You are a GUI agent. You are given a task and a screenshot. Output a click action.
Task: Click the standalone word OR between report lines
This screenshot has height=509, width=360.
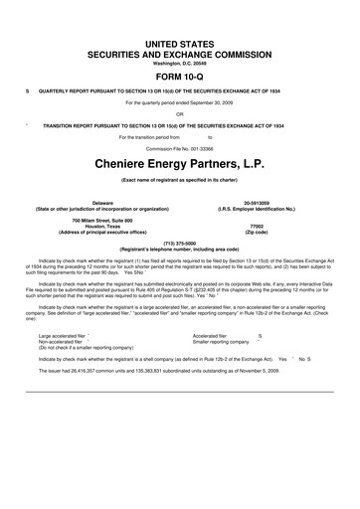180,113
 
